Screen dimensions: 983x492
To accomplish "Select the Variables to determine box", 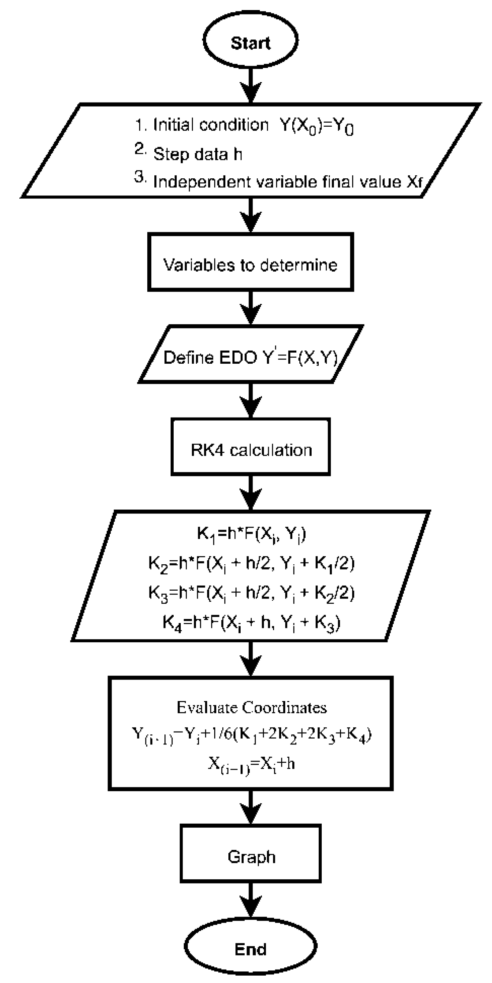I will pos(251,264).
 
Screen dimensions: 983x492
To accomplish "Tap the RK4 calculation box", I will pos(251,450).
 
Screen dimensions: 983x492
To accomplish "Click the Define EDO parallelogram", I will pos(251,357).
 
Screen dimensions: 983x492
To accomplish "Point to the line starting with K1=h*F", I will pos(251,533).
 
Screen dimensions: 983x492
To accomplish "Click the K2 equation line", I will pos(251,563).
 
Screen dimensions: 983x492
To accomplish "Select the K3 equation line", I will pos(251,593).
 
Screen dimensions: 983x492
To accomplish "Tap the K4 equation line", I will pos(251,622).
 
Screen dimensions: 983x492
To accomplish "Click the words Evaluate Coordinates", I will pos(251,707).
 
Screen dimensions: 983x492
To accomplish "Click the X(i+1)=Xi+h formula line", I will pos(251,763).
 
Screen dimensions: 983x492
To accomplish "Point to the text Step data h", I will pos(197,154).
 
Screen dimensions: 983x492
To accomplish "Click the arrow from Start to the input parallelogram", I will pos(251,86).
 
